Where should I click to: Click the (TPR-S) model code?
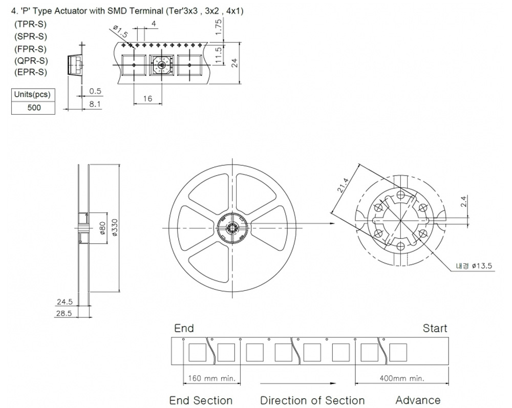30,24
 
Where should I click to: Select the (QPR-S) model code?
31,61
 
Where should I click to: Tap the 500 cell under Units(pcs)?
34,108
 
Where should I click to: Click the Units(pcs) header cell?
33,95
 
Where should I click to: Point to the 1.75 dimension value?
219,27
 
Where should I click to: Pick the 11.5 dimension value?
219,54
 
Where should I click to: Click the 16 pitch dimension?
147,98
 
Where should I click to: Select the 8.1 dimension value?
95,104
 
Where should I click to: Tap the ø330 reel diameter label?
115,227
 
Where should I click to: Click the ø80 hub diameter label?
102,228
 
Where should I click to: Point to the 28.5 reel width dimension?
63,313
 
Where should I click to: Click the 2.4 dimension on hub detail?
464,201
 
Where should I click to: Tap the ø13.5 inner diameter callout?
474,266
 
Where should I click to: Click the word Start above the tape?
435,328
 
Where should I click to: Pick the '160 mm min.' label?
211,378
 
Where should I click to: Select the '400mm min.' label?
401,378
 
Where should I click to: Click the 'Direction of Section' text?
312,400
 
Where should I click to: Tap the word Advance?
418,400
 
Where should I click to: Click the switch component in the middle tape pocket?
161,65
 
